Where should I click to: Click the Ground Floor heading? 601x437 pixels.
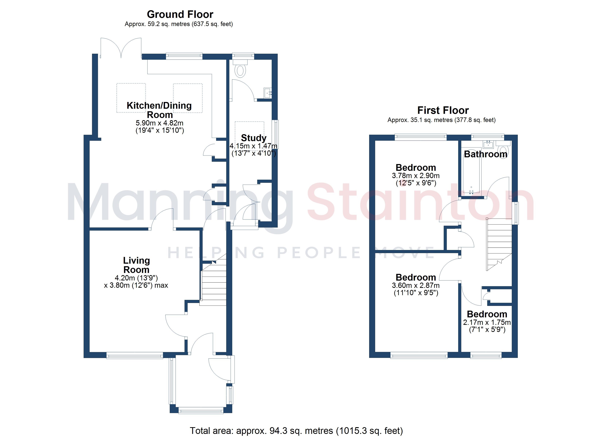(x=180, y=14)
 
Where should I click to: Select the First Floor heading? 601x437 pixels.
(x=443, y=110)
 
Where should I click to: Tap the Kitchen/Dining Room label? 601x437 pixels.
(x=159, y=110)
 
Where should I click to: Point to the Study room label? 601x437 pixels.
(x=254, y=138)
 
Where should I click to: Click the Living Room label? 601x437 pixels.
(x=136, y=265)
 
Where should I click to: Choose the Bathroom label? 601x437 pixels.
(x=486, y=154)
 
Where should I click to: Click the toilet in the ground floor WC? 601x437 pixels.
(x=240, y=69)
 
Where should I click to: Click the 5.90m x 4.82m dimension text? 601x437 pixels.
(x=160, y=123)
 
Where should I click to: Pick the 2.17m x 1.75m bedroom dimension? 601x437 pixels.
(x=487, y=322)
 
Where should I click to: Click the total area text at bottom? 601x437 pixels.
(x=296, y=431)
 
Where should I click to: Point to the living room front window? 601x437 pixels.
(x=135, y=355)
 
